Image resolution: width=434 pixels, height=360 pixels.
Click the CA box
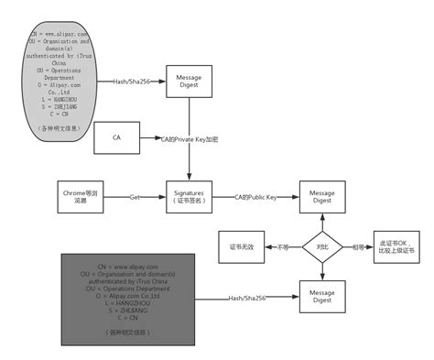point(116,137)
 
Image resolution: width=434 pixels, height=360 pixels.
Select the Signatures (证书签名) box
point(189,198)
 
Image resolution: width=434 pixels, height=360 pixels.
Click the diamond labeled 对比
point(322,246)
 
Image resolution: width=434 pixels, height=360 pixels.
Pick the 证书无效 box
point(241,246)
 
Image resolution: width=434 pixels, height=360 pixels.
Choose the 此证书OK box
point(396,246)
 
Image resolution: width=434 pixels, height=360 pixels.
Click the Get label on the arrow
point(134,197)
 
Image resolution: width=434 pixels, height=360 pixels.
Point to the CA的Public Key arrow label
point(255,197)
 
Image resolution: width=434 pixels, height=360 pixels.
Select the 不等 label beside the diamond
point(283,246)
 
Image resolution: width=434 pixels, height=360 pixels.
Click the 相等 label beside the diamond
point(358,246)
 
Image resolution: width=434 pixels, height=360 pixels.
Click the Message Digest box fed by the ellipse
point(189,82)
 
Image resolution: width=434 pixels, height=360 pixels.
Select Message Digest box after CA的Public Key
point(322,197)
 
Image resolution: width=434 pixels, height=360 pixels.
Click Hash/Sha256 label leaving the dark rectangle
point(249,298)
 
